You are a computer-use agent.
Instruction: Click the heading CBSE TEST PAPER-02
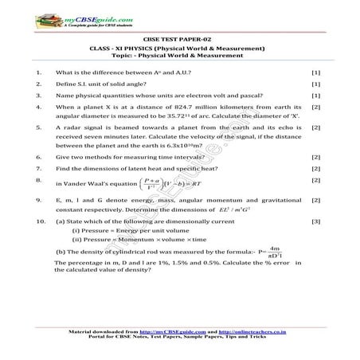179,37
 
